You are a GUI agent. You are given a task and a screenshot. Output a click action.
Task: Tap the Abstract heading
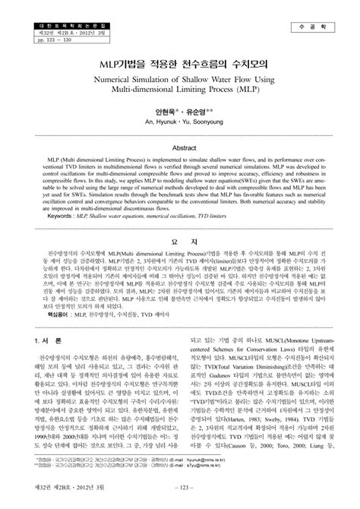pyautogui.click(x=180, y=148)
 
